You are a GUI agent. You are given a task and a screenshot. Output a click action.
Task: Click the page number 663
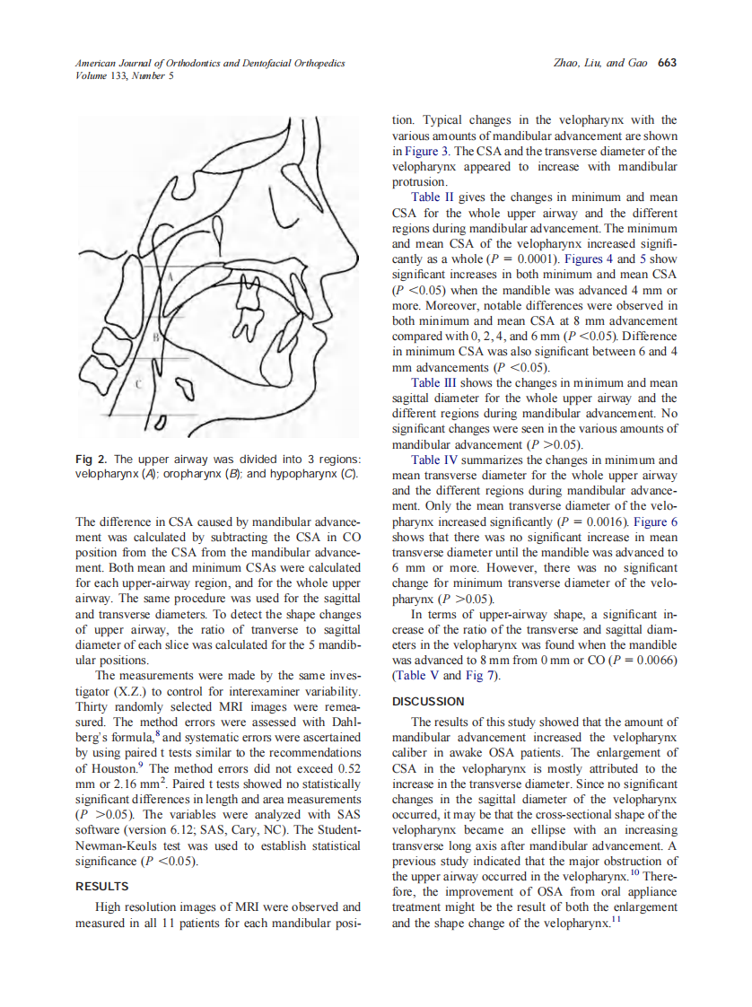[667, 63]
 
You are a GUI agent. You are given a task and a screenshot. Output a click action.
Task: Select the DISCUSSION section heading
[428, 701]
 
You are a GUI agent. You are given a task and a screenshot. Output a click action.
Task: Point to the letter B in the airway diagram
[156, 337]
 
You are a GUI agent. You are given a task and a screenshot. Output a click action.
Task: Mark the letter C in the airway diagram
[137, 383]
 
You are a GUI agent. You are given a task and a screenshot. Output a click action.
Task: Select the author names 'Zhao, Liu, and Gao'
[602, 63]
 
